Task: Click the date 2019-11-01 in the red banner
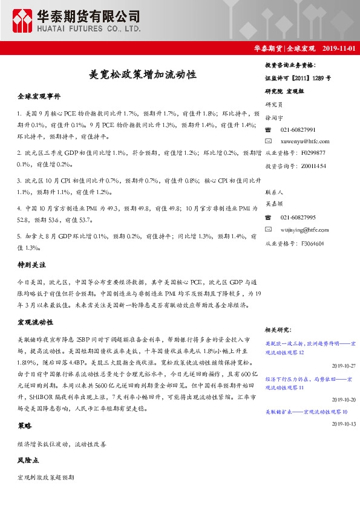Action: point(338,48)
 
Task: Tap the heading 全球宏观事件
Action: point(39,96)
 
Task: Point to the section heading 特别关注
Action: point(31,265)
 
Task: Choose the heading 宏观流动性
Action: point(35,322)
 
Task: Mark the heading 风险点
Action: point(28,460)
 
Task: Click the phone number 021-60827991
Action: point(298,130)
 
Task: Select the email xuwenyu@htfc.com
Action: point(303,141)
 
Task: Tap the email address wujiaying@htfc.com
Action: point(304,230)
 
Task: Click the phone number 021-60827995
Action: point(298,218)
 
